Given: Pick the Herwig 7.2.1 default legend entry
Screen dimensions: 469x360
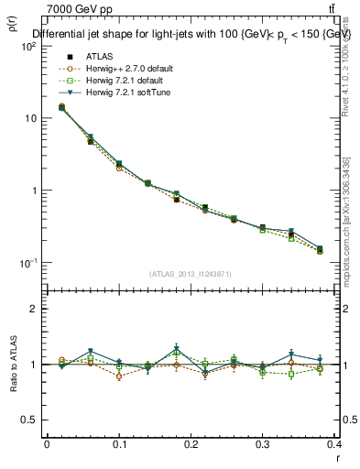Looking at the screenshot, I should [x=117, y=80].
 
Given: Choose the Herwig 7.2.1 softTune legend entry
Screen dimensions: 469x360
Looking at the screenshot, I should [x=119, y=92].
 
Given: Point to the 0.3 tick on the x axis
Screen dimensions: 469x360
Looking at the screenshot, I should [x=263, y=445].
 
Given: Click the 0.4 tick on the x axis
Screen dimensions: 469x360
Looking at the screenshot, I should [x=334, y=445].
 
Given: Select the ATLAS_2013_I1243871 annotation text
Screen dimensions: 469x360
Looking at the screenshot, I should [x=191, y=274].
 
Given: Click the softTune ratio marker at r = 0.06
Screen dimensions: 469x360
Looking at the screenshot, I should [x=91, y=352].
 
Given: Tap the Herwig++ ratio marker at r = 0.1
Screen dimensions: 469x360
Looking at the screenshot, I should [x=119, y=376].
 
